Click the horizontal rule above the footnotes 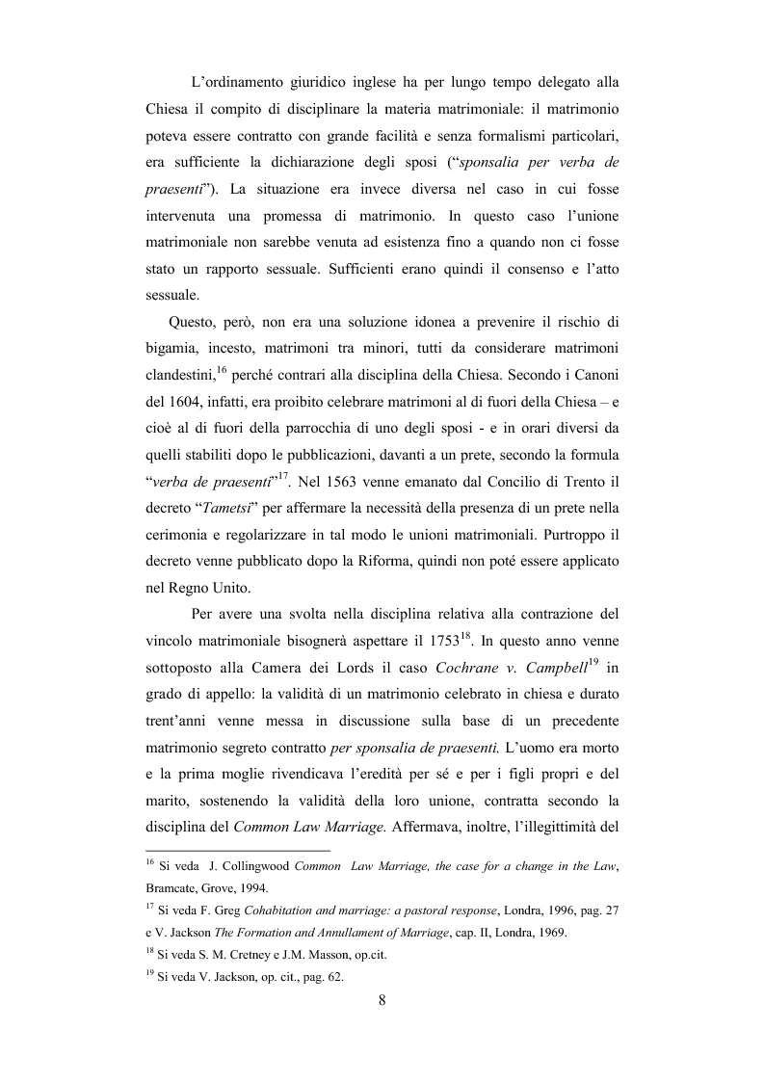[236, 851]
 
